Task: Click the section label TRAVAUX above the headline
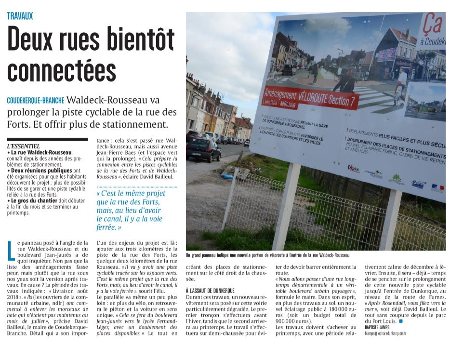pos(20,16)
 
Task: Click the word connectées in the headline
pos(62,70)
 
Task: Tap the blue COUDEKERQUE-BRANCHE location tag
pos(36,101)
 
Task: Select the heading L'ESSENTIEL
pos(24,146)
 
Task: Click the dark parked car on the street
pos(204,149)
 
